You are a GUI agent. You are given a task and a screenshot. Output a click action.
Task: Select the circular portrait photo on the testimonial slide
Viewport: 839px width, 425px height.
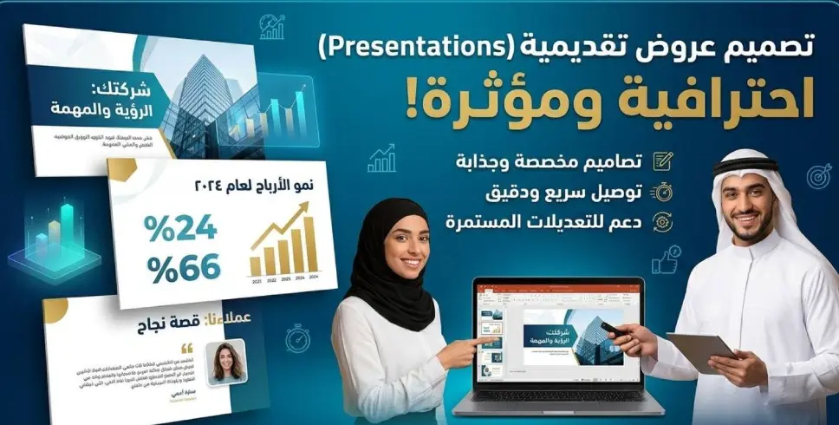pos(225,361)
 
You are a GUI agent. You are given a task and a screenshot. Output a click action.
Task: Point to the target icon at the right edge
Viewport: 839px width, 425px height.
pos(818,176)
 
